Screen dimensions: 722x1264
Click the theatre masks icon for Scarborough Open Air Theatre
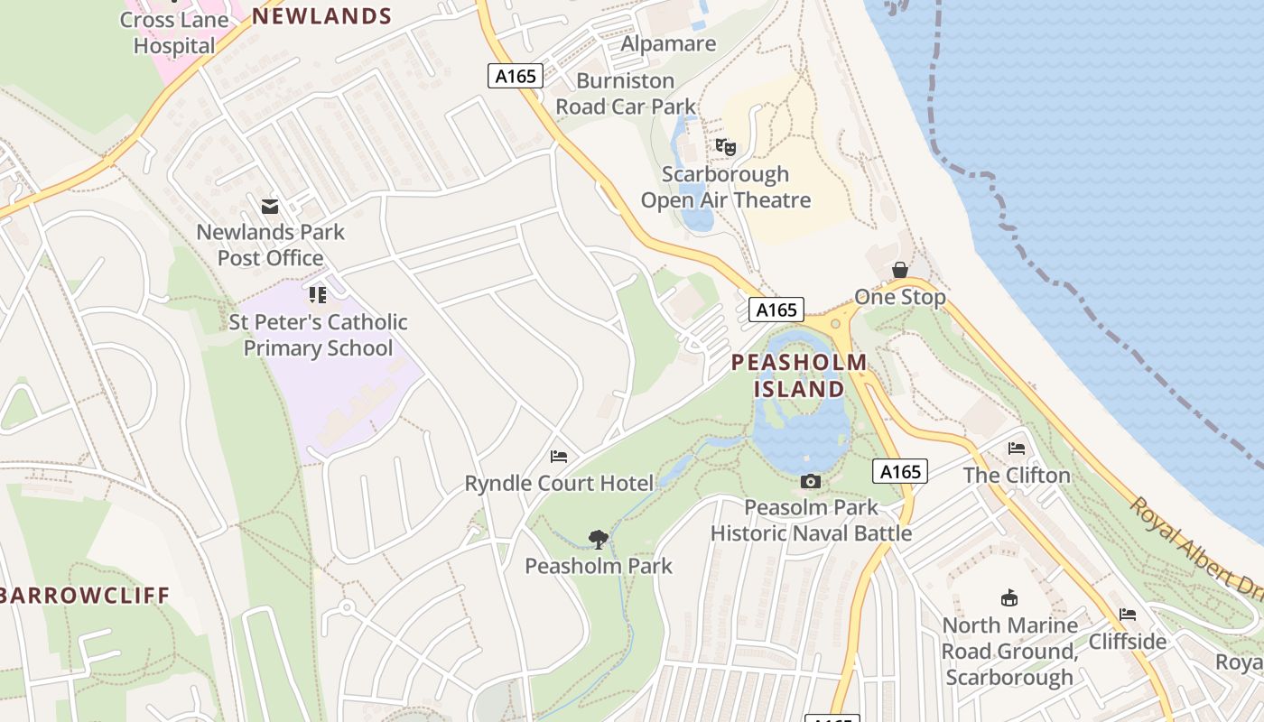pyautogui.click(x=726, y=146)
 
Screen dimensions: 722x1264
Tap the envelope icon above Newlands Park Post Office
pyautogui.click(x=270, y=207)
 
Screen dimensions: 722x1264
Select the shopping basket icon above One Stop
pyautogui.click(x=900, y=270)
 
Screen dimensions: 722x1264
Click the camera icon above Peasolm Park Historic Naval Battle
pyautogui.click(x=811, y=482)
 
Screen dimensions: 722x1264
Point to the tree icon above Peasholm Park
pyautogui.click(x=598, y=540)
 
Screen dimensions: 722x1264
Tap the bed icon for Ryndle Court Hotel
pyautogui.click(x=559, y=457)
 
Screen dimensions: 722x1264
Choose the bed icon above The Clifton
pyautogui.click(x=1017, y=449)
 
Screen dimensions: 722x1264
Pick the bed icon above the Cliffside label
pyautogui.click(x=1128, y=615)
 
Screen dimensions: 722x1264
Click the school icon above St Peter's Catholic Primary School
pyautogui.click(x=317, y=295)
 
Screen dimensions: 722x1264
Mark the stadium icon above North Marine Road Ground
pyautogui.click(x=1009, y=597)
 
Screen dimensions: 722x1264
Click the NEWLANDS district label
pyautogui.click(x=321, y=16)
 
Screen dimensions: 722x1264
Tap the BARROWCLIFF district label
pyautogui.click(x=85, y=596)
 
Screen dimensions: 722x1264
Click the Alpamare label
pyautogui.click(x=668, y=43)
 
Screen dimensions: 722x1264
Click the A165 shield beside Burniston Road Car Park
pyautogui.click(x=516, y=76)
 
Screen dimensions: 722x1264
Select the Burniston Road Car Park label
pyautogui.click(x=626, y=94)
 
